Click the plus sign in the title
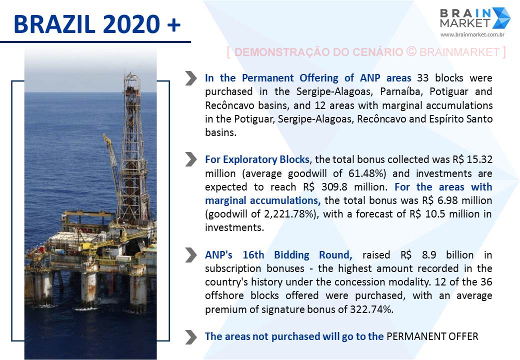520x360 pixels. pos(174,25)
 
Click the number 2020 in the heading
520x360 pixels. pos(131,24)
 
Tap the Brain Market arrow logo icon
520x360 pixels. pos(501,18)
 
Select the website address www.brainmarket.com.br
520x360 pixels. pos(472,34)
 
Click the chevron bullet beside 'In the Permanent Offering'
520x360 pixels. pos(190,78)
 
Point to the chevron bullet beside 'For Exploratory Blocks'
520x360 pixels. pos(190,159)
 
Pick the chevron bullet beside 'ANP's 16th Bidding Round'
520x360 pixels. pos(190,255)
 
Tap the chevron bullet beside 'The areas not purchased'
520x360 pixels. pos(190,337)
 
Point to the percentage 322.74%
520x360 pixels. pos(371,309)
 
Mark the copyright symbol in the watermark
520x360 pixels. pos(411,51)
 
